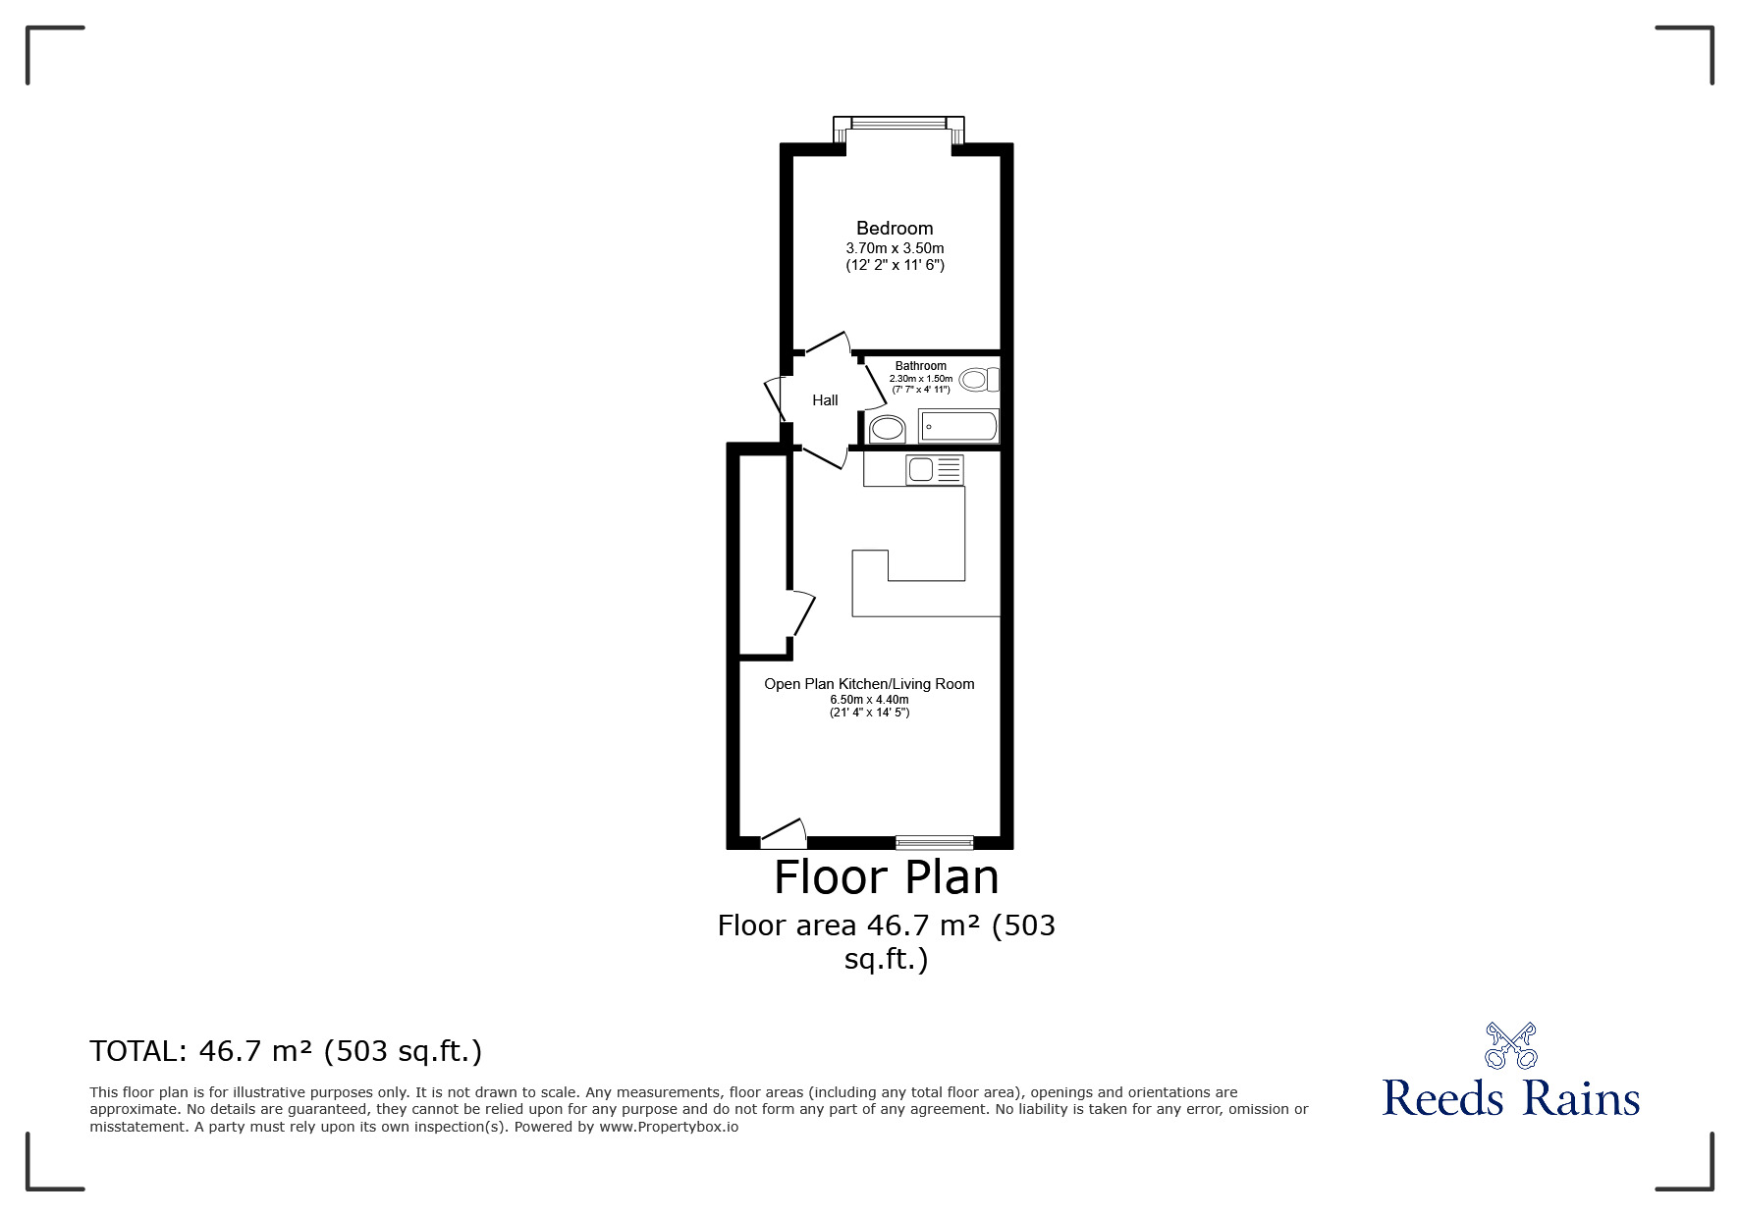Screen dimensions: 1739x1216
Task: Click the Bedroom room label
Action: pyautogui.click(x=895, y=229)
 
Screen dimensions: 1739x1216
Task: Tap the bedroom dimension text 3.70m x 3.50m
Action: pyautogui.click(x=895, y=248)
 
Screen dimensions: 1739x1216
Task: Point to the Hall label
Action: pyautogui.click(x=825, y=400)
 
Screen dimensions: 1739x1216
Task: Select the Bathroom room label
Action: pyautogui.click(x=921, y=366)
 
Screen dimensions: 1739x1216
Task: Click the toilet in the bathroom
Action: pyautogui.click(x=979, y=379)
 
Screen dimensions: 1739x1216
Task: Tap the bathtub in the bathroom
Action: pyautogui.click(x=958, y=427)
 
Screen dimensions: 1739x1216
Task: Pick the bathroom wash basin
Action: pyautogui.click(x=888, y=429)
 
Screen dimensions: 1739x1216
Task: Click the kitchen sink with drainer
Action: pyautogui.click(x=935, y=470)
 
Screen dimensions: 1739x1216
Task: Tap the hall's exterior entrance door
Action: pyautogui.click(x=774, y=397)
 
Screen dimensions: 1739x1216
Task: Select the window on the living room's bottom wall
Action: pyautogui.click(x=935, y=842)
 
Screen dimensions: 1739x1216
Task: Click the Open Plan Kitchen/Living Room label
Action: pyautogui.click(x=869, y=684)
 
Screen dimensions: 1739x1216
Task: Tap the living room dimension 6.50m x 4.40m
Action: pyautogui.click(x=869, y=700)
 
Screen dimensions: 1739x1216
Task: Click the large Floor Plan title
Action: pyautogui.click(x=887, y=876)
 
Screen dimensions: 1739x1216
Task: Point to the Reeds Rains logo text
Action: pyautogui.click(x=1511, y=1097)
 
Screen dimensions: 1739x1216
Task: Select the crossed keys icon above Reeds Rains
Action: pyautogui.click(x=1511, y=1045)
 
